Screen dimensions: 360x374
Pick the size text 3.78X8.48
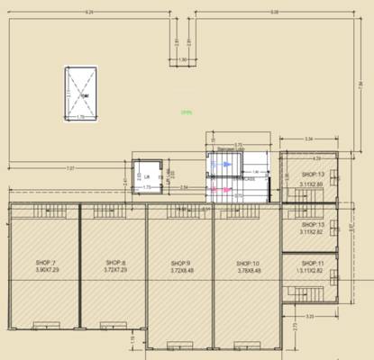pyautogui.click(x=247, y=269)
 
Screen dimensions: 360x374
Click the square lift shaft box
pyautogui.click(x=146, y=176)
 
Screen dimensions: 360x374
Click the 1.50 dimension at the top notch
pyautogui.click(x=183, y=59)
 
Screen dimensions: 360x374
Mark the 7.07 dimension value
pyautogui.click(x=70, y=167)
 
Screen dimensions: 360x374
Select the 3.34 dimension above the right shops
pyautogui.click(x=309, y=139)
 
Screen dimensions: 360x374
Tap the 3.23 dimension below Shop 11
pyautogui.click(x=309, y=316)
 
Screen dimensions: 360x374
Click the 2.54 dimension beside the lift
pyautogui.click(x=183, y=187)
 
